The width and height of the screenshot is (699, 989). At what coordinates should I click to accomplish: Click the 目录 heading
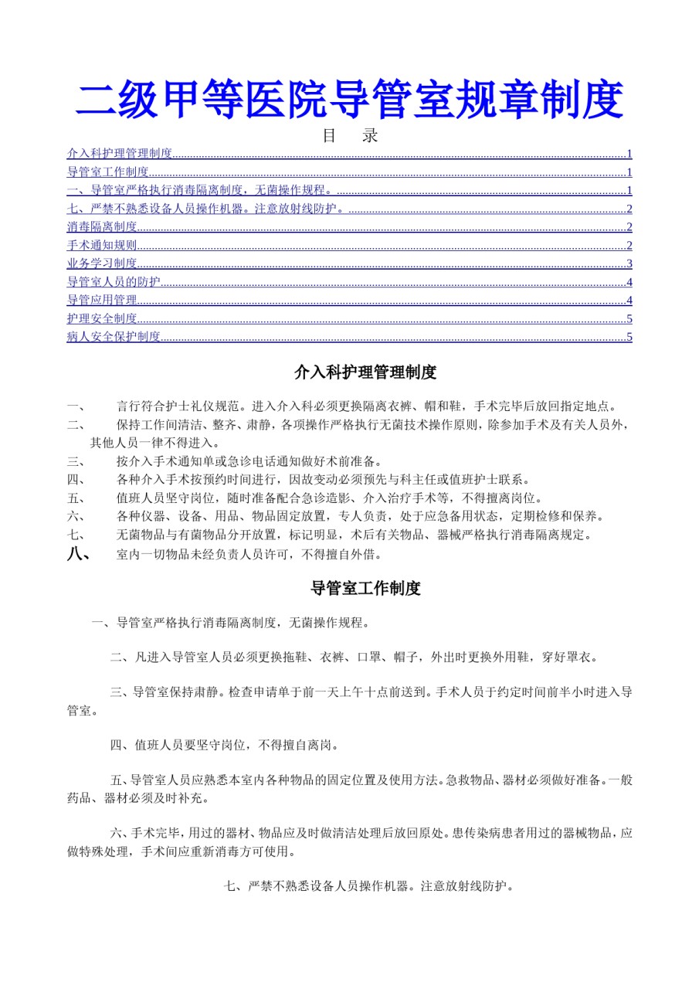pos(349,135)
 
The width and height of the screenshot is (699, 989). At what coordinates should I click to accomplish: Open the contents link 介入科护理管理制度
pos(120,153)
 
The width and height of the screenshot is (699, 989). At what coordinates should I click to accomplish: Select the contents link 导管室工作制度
pos(108,172)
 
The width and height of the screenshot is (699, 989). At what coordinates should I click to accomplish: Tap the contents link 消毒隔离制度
pos(102,226)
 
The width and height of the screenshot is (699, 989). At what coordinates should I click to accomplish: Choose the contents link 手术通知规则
pos(102,245)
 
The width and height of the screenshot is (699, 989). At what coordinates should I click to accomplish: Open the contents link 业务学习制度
pos(102,263)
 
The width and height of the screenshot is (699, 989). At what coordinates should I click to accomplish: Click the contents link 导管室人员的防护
pos(114,281)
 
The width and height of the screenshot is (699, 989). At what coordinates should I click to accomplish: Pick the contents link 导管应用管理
pos(102,300)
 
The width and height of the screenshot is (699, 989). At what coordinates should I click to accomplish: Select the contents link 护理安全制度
pos(102,318)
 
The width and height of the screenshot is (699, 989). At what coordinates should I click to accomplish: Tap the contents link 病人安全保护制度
pos(114,337)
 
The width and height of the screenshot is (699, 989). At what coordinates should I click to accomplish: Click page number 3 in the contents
pos(629,263)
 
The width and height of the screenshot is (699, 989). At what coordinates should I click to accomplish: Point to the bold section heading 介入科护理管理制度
pos(365,372)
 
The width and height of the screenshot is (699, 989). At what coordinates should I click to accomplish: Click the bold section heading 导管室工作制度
pos(365,588)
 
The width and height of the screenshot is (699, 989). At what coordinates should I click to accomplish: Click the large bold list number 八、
pos(80,553)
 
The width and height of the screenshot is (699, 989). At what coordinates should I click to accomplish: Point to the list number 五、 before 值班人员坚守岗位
pos(75,498)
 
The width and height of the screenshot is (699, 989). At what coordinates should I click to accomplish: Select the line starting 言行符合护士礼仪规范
pos(365,406)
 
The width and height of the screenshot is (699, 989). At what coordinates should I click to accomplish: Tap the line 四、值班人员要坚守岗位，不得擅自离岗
pos(224,746)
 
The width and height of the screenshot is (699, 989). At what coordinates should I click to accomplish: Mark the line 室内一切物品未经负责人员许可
pos(249,554)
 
